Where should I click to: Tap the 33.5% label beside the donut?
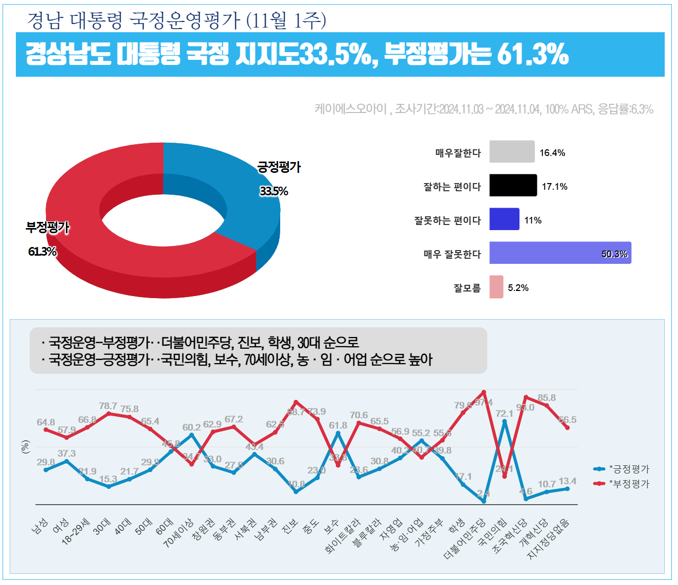(x=274, y=191)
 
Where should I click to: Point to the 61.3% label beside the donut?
(x=42, y=252)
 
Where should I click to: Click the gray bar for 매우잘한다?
(x=512, y=152)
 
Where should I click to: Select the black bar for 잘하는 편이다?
(x=513, y=186)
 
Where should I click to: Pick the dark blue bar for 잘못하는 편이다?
(x=504, y=219)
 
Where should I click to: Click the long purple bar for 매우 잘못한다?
(x=560, y=253)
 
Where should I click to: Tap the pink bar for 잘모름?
(x=496, y=287)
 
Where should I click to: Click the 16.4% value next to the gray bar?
(x=552, y=153)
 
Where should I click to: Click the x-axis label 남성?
(x=40, y=526)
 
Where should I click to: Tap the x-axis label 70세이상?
(x=178, y=533)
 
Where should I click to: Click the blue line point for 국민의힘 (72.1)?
(x=505, y=421)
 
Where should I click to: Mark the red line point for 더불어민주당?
(x=484, y=392)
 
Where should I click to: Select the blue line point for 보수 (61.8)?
(x=338, y=433)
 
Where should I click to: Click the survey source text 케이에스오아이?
(x=351, y=109)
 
